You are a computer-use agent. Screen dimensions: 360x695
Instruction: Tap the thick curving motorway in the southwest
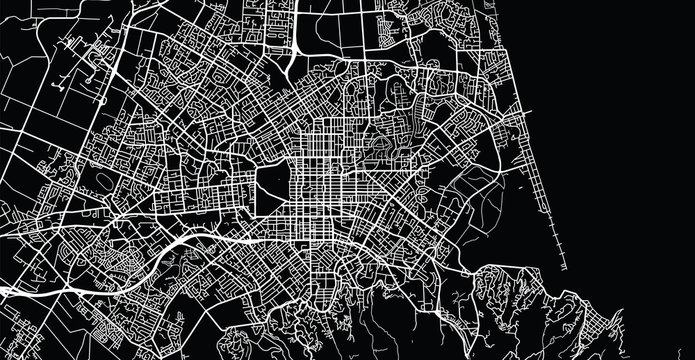point(180,243)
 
